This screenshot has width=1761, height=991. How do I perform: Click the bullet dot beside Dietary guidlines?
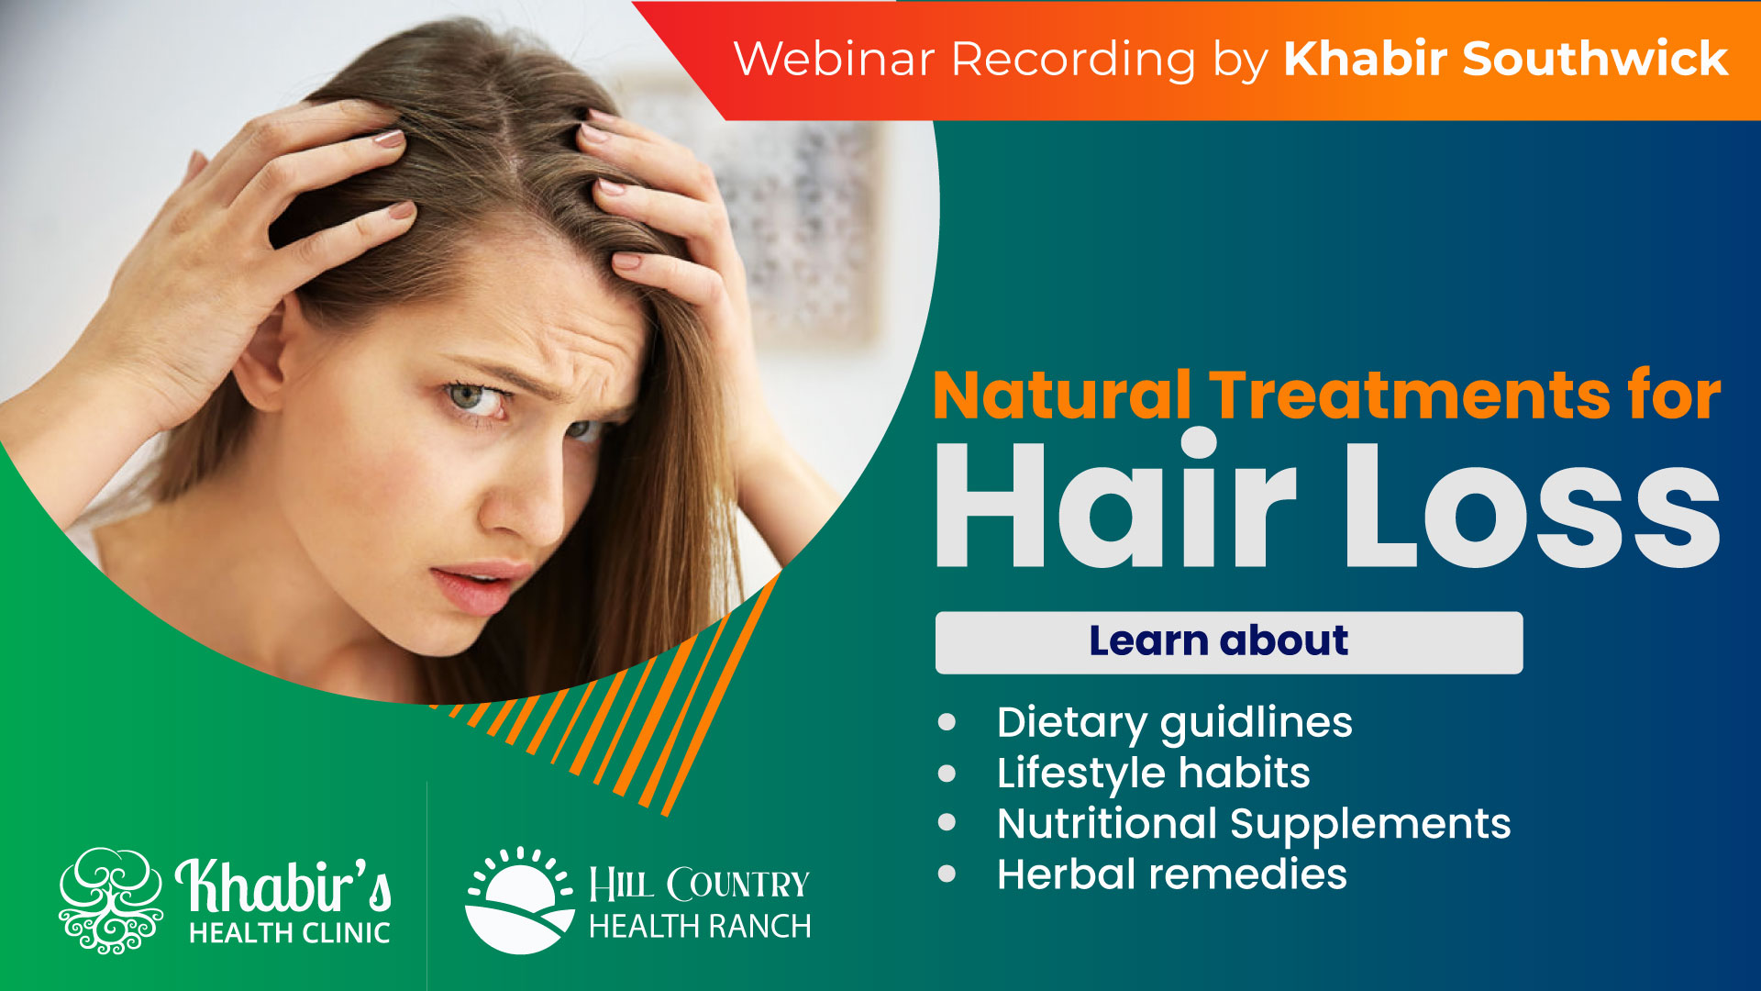947,722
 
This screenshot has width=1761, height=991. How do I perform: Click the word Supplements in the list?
1370,824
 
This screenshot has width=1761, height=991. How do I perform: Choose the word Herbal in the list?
1065,874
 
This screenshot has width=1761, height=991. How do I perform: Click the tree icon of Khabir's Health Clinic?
111,899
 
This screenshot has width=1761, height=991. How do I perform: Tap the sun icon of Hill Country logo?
519,900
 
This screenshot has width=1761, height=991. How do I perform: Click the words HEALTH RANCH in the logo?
700,927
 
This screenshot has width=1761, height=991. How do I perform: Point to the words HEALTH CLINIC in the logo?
290,933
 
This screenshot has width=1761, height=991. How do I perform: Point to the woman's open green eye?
470,396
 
